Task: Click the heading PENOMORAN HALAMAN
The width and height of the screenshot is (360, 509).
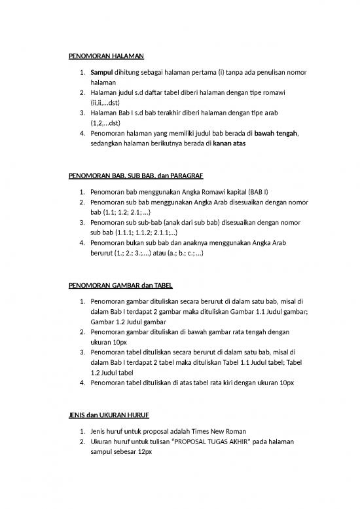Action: [x=106, y=56]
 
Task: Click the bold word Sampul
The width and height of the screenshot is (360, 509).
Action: [x=101, y=71]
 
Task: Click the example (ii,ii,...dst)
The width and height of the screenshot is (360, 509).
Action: [x=107, y=103]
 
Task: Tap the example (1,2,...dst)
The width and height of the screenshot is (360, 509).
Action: [x=105, y=123]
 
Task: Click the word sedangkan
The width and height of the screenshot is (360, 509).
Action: [x=109, y=144]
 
